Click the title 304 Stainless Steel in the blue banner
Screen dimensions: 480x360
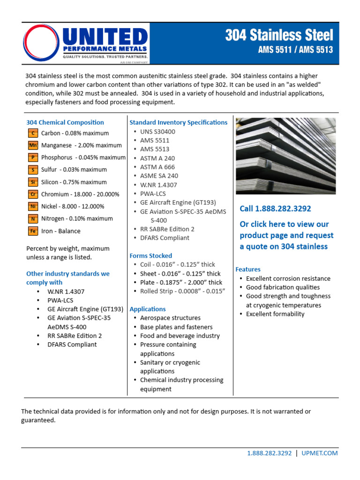pos(279,36)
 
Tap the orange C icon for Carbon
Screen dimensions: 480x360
pos(33,133)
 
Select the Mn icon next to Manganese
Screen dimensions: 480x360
pos(33,145)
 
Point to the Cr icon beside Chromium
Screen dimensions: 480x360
pos(33,194)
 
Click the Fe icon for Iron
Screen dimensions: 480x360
pos(33,231)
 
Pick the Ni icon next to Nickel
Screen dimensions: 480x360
pos(33,206)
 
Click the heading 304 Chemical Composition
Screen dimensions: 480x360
pos(65,122)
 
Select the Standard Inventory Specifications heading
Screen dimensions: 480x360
pos(178,122)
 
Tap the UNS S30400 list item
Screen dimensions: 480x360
pos(157,132)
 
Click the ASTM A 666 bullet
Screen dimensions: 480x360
pos(157,167)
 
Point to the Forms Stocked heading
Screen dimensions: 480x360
pos(150,256)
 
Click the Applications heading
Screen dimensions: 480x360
pos(147,309)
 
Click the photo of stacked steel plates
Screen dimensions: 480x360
pos(285,155)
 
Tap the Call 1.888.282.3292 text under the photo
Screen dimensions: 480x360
pos(275,209)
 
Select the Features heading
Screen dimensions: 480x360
pos(247,270)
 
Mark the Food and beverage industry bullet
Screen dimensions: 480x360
pos(180,336)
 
